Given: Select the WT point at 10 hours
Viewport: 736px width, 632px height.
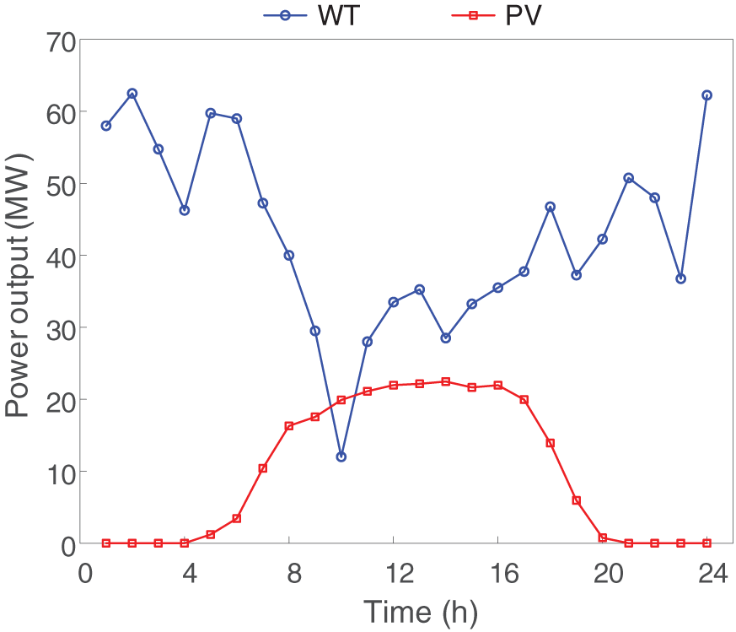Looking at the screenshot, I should pyautogui.click(x=341, y=456).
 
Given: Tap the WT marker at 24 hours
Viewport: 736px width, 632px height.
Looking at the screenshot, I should pyautogui.click(x=706, y=95).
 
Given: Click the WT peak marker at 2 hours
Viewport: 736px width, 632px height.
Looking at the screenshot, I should pyautogui.click(x=132, y=94).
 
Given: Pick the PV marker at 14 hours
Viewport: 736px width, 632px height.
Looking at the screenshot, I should pyautogui.click(x=445, y=381).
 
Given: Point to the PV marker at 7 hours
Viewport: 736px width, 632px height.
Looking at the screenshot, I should pyautogui.click(x=263, y=468).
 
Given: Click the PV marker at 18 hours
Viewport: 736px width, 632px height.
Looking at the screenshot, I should pyautogui.click(x=551, y=443).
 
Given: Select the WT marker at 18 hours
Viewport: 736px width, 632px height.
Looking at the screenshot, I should pyautogui.click(x=551, y=207).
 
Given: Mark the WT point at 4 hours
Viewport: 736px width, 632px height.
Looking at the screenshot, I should pyautogui.click(x=185, y=210).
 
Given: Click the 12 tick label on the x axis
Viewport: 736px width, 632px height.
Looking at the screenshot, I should pyautogui.click(x=393, y=573).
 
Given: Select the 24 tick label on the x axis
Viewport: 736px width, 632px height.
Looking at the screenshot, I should pyautogui.click(x=706, y=573).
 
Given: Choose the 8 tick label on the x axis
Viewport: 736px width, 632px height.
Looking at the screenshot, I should pyautogui.click(x=288, y=573).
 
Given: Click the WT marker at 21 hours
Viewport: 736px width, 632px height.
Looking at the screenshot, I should pyautogui.click(x=628, y=178).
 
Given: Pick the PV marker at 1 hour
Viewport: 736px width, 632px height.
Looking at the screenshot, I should pyautogui.click(x=106, y=543).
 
